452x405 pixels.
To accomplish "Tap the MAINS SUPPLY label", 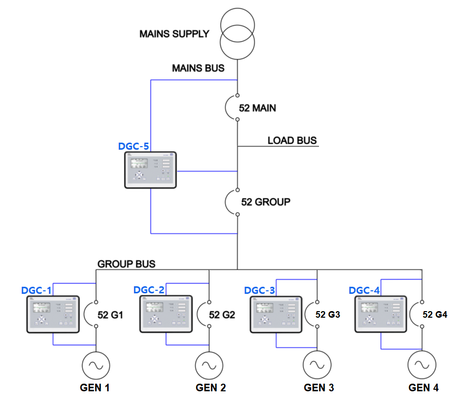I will tap(174, 35).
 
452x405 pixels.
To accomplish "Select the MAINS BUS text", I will tap(198, 68).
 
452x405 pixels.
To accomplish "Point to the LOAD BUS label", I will tap(292, 141).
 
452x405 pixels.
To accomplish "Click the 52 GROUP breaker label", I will tap(266, 202).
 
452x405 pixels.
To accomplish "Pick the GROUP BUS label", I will tap(126, 264).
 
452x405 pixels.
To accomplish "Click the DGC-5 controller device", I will tap(150, 170).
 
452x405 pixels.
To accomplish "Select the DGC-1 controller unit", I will tap(53, 315).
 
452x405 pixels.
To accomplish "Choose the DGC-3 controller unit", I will tap(276, 315).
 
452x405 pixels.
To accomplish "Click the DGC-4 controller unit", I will tap(381, 315).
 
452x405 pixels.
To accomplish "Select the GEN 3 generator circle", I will tap(317, 365).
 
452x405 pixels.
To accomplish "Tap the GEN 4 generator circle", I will tap(423, 365).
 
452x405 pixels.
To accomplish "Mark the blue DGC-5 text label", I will tap(134, 146).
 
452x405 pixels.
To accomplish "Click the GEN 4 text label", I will tap(424, 388).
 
